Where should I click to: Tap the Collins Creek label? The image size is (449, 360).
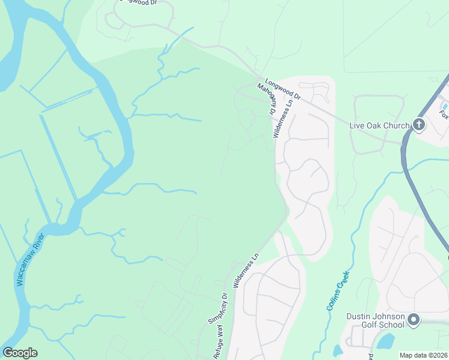click(338, 290)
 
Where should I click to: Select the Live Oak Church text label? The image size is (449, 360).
click(379, 126)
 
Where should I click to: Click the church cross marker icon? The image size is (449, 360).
click(418, 125)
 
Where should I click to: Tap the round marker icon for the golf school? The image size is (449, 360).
click(414, 320)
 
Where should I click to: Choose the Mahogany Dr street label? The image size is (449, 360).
click(266, 100)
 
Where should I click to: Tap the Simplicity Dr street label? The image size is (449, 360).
click(218, 308)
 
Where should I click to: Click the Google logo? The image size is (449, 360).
click(20, 353)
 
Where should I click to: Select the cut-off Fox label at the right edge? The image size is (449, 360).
click(444, 114)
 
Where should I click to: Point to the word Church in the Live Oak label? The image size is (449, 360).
click(396, 126)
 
